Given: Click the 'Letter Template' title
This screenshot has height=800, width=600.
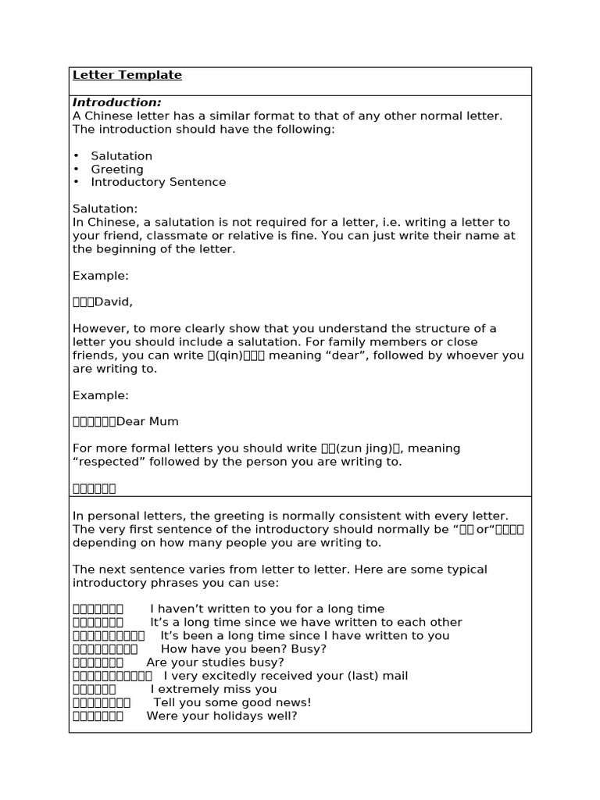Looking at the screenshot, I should click(x=127, y=75).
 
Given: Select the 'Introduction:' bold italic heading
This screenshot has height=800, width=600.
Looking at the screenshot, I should click(x=117, y=102).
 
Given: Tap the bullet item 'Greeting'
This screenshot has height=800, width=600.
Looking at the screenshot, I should click(x=117, y=169).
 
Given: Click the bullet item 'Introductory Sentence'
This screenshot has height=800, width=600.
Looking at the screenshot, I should click(x=159, y=182).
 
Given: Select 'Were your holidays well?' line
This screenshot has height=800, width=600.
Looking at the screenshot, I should click(x=222, y=716).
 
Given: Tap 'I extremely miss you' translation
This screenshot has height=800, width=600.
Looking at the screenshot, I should click(x=213, y=689).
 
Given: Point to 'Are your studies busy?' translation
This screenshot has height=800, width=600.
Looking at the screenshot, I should click(x=216, y=662).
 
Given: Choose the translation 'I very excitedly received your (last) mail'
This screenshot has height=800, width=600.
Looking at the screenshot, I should click(x=286, y=676).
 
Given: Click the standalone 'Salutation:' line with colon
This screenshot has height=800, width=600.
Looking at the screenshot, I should click(x=105, y=209).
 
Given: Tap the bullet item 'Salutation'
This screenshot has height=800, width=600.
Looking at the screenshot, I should click(x=122, y=156).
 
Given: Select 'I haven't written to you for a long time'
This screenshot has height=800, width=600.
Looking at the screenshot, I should click(x=267, y=609).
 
